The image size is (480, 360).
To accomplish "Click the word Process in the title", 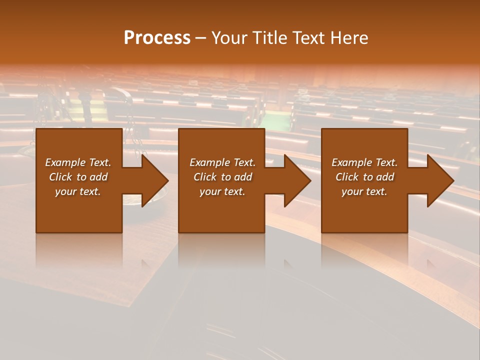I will click(x=157, y=38).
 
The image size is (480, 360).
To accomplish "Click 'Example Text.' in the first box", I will click(x=78, y=162).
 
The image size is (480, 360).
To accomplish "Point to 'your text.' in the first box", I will click(x=78, y=191).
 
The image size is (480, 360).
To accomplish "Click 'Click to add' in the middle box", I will click(x=222, y=177).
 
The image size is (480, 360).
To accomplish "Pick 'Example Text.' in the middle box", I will click(x=222, y=162).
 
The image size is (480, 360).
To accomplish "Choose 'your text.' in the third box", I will click(x=364, y=191).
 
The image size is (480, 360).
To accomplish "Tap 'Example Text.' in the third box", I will click(x=364, y=162).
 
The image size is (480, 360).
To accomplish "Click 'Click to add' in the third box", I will click(x=364, y=177).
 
